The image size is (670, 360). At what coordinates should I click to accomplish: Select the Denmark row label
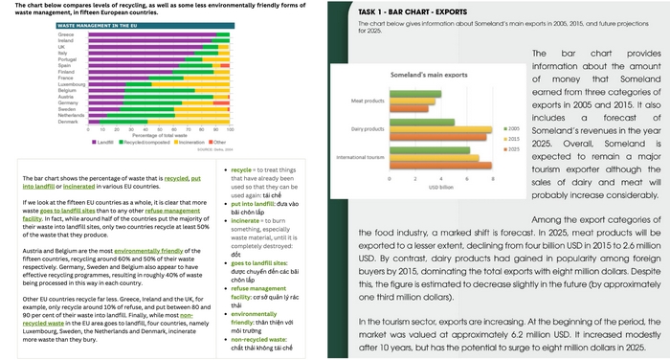[x=68, y=122]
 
